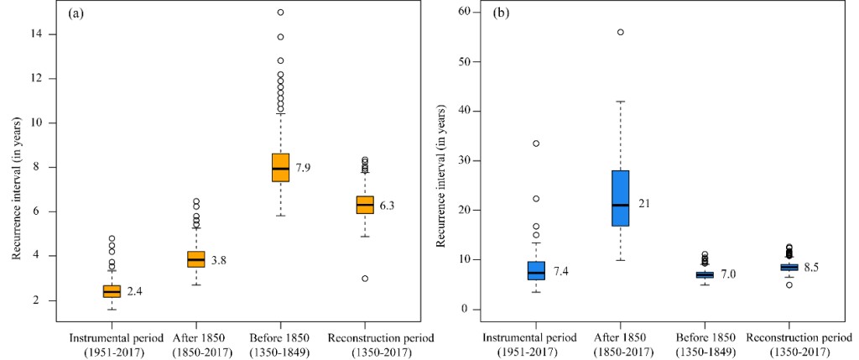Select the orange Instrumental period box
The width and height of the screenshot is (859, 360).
(112, 291)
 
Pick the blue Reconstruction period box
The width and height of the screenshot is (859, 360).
(789, 267)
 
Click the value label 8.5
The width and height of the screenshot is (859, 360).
(812, 268)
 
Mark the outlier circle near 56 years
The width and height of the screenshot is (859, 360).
(620, 32)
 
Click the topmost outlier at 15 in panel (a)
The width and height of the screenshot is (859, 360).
(280, 13)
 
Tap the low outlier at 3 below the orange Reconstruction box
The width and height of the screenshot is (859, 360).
(365, 279)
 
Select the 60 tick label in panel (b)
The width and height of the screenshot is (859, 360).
(459, 13)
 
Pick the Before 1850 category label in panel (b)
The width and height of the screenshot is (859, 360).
(704, 343)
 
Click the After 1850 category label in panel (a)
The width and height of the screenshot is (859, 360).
(195, 343)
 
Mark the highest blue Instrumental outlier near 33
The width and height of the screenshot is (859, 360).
(535, 143)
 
